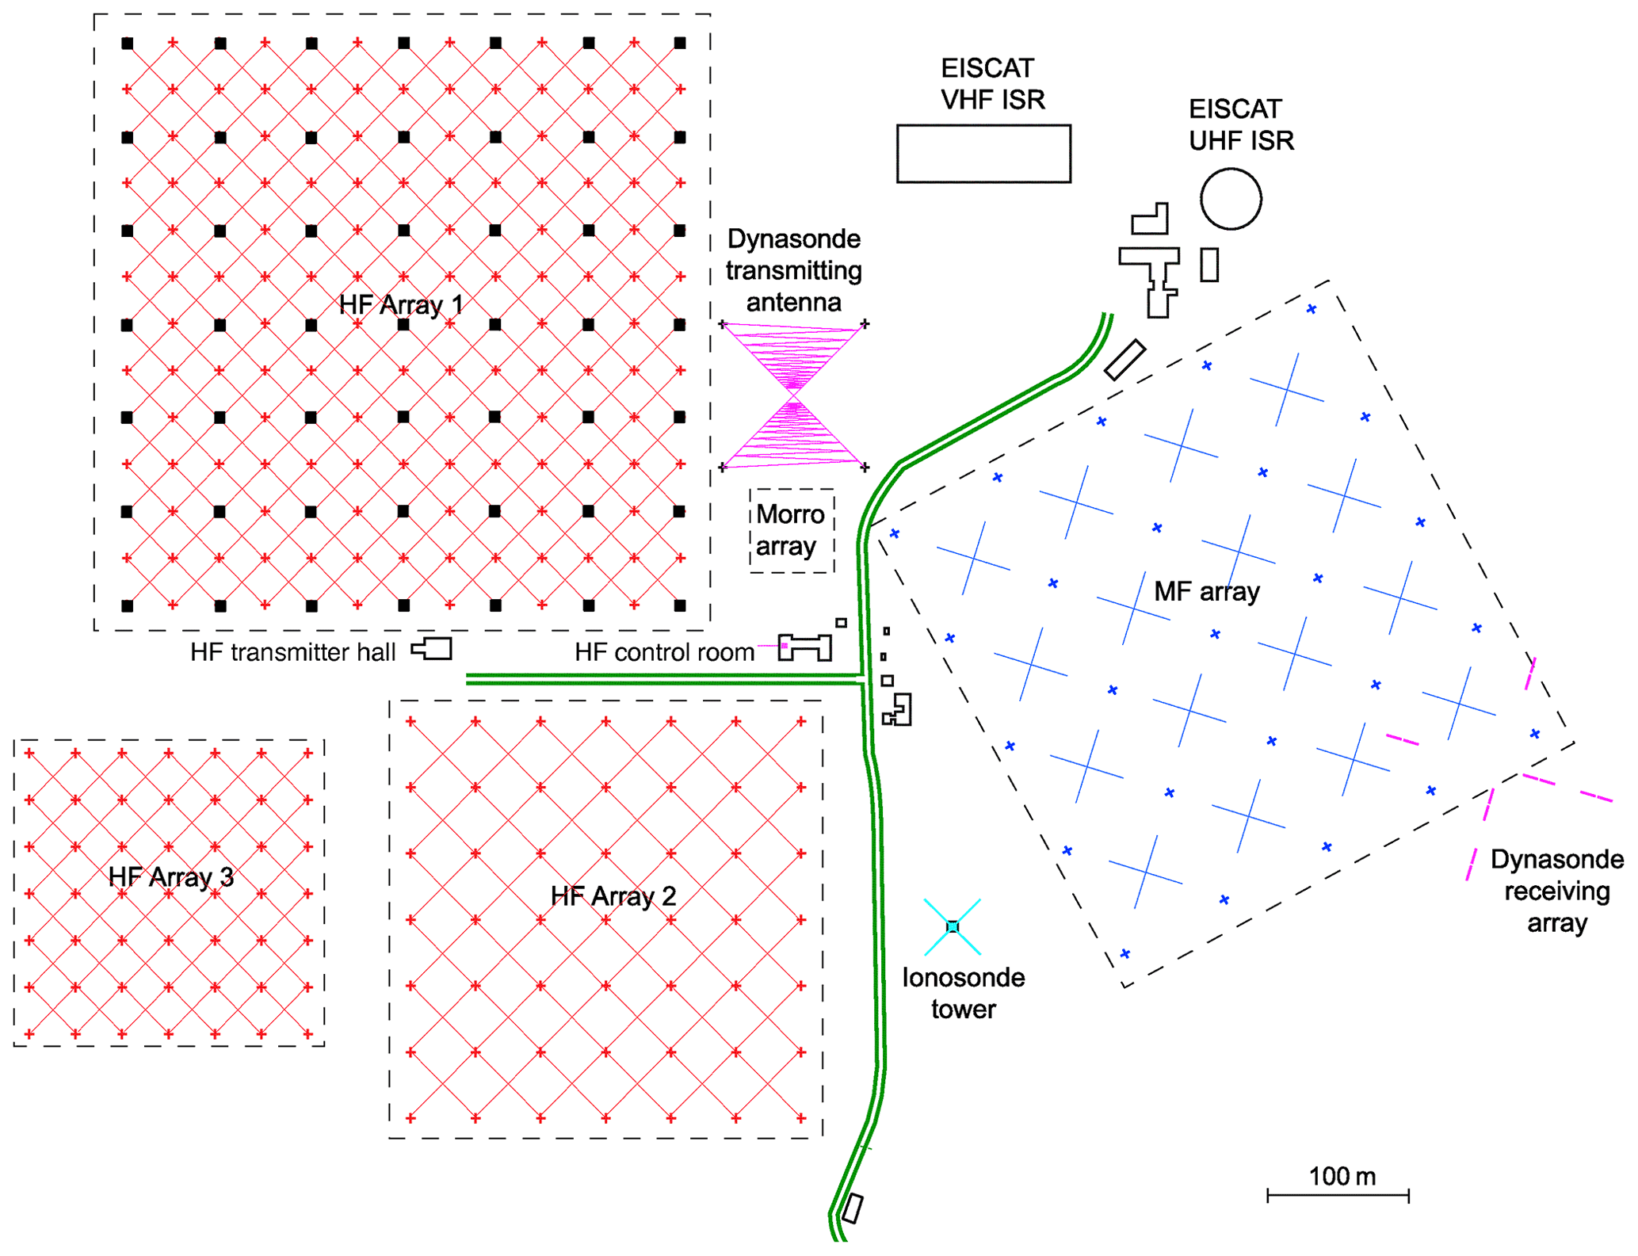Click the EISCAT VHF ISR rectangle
[983, 154]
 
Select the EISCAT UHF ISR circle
[1230, 199]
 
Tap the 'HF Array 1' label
[401, 305]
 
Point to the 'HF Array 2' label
[613, 896]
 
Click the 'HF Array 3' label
[171, 877]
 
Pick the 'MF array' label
[1206, 591]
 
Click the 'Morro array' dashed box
[792, 530]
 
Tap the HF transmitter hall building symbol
[433, 649]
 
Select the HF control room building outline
[805, 647]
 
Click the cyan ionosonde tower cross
[953, 926]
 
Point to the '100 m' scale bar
[1338, 1194]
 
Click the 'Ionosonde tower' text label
[963, 993]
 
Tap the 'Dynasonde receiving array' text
[1556, 891]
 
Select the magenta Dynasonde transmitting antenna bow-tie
[793, 395]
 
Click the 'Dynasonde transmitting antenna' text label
[793, 270]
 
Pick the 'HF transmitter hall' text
[292, 652]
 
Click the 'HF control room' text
[664, 652]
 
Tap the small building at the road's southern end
[853, 1208]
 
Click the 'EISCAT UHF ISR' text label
[1241, 124]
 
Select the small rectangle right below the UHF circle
[1208, 265]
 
